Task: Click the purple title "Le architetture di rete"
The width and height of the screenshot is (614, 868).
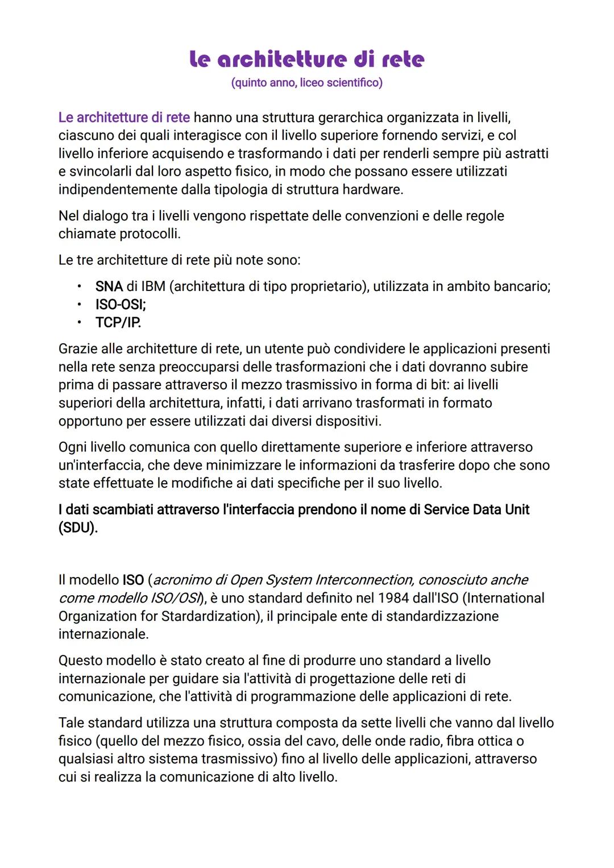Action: (x=306, y=59)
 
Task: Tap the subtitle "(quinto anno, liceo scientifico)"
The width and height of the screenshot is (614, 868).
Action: (x=306, y=83)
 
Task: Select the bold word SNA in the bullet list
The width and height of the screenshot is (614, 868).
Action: (x=109, y=286)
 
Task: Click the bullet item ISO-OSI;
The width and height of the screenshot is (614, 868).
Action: (x=121, y=305)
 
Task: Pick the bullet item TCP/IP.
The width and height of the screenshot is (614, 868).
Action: (x=118, y=323)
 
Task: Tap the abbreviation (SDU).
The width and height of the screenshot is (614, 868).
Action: (x=78, y=528)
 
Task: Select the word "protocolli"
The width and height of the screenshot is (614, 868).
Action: (x=149, y=234)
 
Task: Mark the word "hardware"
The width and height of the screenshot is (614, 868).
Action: (x=372, y=190)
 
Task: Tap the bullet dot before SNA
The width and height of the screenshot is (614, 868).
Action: (x=80, y=286)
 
